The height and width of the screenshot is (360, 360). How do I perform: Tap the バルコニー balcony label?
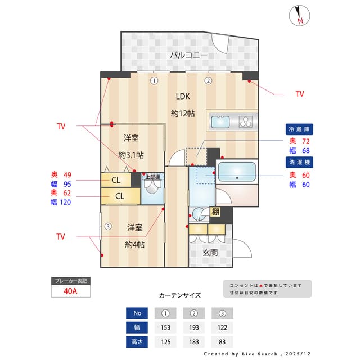[x=189, y=55]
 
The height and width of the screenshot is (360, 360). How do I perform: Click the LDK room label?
[x=183, y=96]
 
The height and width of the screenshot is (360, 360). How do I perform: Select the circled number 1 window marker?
[x=154, y=80]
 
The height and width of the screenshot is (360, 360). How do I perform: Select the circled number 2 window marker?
[x=208, y=80]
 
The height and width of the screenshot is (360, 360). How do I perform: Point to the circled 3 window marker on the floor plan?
[x=108, y=227]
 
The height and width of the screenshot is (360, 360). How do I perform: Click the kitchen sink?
[x=220, y=121]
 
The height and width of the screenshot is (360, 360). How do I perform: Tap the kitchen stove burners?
[x=246, y=121]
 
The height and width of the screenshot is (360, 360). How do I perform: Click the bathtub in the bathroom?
[x=237, y=171]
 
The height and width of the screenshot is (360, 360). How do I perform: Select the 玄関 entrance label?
[x=210, y=253]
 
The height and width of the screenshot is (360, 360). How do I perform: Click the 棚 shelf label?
[x=215, y=212]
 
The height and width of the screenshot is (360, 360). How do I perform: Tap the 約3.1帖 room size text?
[x=131, y=155]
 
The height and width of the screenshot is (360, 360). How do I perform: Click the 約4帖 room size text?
[x=134, y=245]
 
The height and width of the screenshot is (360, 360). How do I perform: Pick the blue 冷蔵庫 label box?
[x=299, y=128]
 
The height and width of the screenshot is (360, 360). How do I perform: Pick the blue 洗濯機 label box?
[x=299, y=161]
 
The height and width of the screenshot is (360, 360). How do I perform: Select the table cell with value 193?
[x=194, y=327]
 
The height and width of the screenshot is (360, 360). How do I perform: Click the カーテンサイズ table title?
[x=180, y=295]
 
